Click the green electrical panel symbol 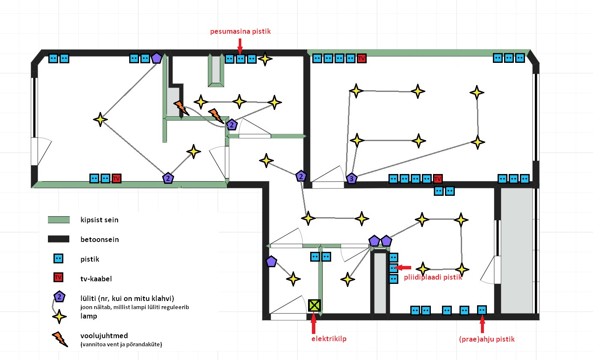pos(314,305)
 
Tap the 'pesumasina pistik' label pos(240,32)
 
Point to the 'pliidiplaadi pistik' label pos(433,277)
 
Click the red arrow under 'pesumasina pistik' pos(240,44)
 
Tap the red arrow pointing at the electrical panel pos(314,323)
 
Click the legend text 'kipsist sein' pos(99,220)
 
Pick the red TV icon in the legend pos(59,278)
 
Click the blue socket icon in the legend pos(59,259)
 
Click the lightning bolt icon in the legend pos(59,339)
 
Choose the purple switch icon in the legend pos(59,297)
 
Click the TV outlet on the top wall pos(362,58)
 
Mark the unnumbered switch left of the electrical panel pos(271,261)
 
